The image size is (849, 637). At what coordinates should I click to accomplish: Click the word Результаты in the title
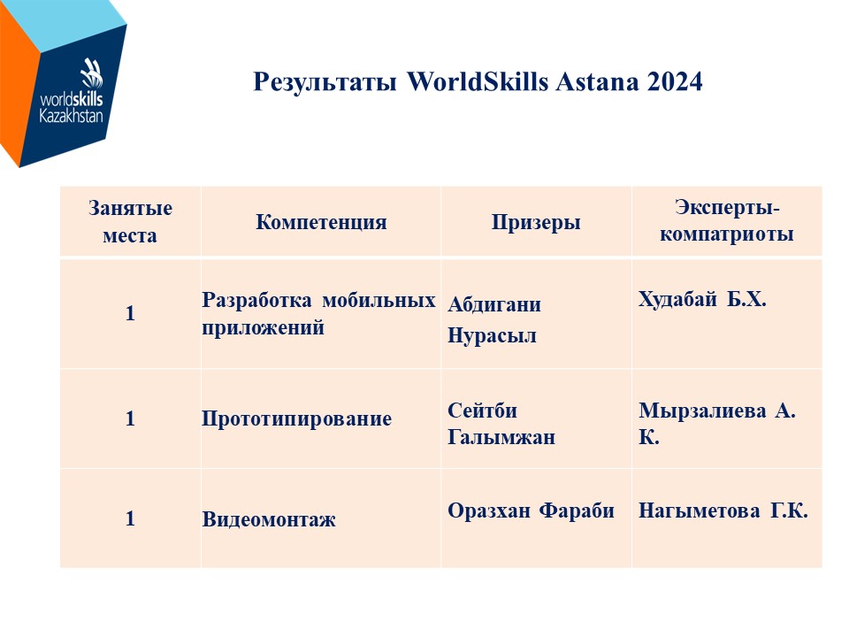[x=325, y=82]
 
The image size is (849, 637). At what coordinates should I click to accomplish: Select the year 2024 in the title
[x=674, y=81]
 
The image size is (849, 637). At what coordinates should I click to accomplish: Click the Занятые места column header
[x=130, y=221]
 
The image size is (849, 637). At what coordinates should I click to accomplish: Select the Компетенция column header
[x=321, y=222]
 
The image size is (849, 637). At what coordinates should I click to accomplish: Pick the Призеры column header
[x=536, y=222]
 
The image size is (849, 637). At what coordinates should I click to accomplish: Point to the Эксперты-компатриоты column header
[x=727, y=220]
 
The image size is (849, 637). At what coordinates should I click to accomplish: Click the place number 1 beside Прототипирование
[x=130, y=418]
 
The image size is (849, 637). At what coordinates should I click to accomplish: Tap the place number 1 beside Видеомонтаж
[x=130, y=519]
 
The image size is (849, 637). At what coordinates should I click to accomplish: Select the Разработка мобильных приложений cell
[x=318, y=313]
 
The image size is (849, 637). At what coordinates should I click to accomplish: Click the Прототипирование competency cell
[x=297, y=418]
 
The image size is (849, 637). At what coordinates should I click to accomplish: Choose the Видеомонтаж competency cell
[x=269, y=519]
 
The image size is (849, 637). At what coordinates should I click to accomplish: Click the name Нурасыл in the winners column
[x=492, y=336]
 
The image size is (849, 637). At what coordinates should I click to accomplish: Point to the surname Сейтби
[x=482, y=410]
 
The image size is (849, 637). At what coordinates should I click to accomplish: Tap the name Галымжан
[x=501, y=436]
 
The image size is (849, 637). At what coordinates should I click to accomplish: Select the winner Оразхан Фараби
[x=531, y=510]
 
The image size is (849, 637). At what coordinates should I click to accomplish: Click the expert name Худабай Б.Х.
[x=702, y=299]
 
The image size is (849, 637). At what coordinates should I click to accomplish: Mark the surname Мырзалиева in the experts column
[x=702, y=411]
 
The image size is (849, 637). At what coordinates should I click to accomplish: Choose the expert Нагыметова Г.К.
[x=723, y=510]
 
